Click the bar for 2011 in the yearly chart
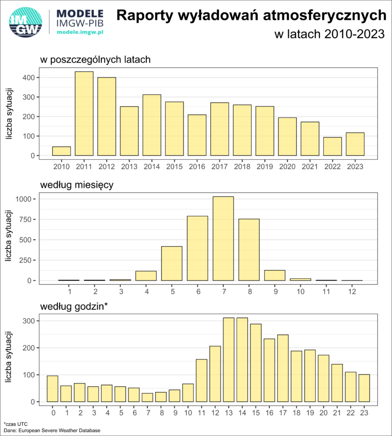click(84, 114)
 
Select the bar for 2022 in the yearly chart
click(332, 146)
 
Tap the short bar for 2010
click(62, 151)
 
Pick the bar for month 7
click(223, 238)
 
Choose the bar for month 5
click(172, 263)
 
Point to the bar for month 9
click(275, 275)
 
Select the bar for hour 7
click(147, 398)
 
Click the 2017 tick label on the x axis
click(220, 167)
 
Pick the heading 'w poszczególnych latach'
click(95, 60)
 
